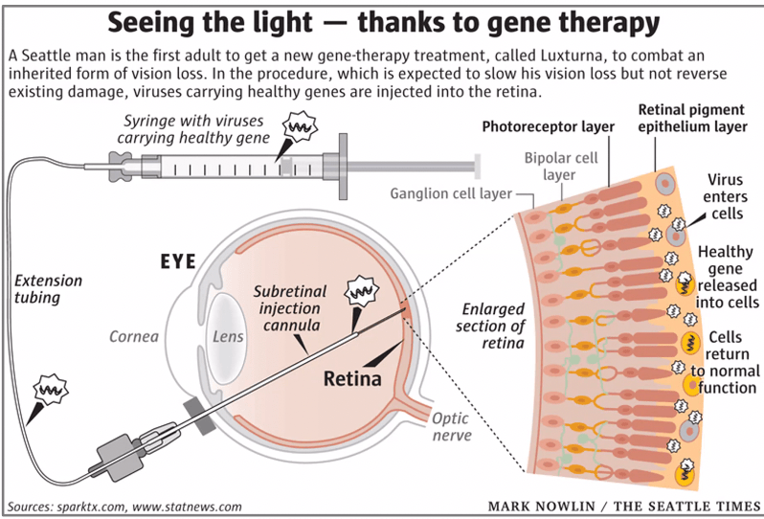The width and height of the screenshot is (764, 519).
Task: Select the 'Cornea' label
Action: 127,336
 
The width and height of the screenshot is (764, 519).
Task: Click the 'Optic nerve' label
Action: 451,426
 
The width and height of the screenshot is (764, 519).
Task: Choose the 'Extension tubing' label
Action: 49,289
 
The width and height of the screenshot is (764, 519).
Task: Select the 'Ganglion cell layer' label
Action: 450,194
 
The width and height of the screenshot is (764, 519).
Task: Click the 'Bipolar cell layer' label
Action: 560,166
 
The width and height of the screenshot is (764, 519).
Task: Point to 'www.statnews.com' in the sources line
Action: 192,506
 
